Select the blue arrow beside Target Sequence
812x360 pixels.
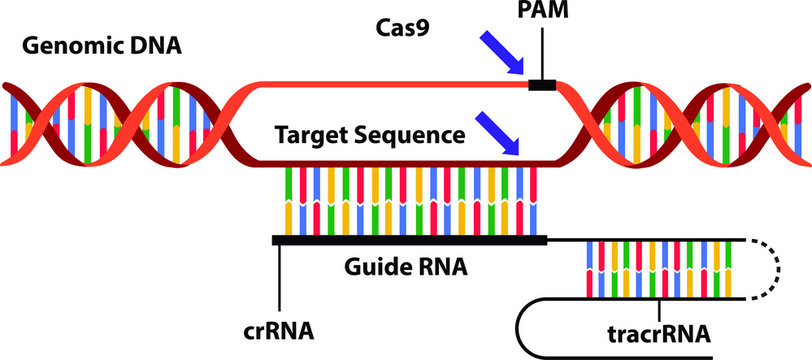(x=499, y=133)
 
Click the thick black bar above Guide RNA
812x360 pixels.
(x=410, y=240)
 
